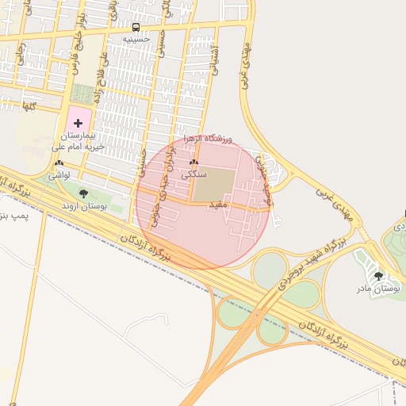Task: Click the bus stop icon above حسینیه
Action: (x=136, y=26)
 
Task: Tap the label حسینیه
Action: (x=147, y=37)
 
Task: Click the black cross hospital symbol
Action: (x=78, y=122)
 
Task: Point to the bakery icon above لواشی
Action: (x=59, y=163)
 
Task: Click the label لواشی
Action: (x=59, y=174)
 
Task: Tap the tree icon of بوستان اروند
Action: (x=84, y=193)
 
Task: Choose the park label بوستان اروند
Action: (x=88, y=205)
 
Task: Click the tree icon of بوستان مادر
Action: (x=378, y=276)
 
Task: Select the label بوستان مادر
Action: (x=379, y=288)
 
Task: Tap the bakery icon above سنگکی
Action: (x=193, y=162)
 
